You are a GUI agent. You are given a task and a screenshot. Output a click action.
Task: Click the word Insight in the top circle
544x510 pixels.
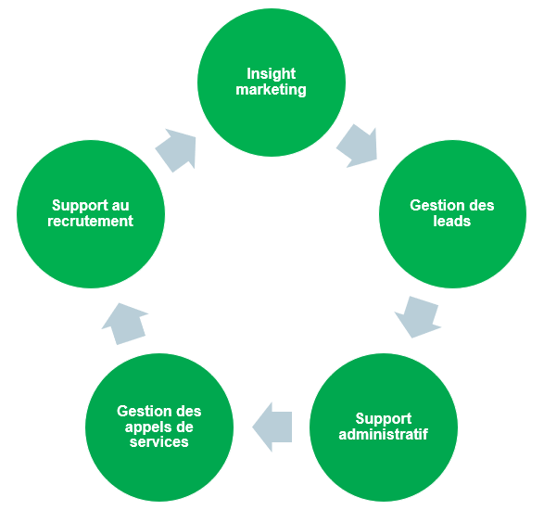click(271, 74)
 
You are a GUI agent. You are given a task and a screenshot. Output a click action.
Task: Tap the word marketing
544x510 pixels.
click(271, 90)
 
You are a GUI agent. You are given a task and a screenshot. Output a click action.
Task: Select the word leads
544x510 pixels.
click(451, 221)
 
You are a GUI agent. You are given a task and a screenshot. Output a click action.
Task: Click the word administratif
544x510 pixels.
click(384, 434)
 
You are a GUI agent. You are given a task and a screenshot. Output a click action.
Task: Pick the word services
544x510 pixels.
click(158, 442)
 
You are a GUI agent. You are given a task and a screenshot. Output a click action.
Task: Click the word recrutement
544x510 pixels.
click(90, 221)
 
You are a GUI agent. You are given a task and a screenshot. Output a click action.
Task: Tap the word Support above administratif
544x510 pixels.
click(384, 419)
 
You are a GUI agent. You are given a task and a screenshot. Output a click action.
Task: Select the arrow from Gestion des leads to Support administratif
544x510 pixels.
click(417, 316)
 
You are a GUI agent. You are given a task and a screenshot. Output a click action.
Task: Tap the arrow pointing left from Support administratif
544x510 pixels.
click(272, 427)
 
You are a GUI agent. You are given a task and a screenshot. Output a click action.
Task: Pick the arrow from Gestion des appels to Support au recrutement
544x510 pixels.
click(125, 324)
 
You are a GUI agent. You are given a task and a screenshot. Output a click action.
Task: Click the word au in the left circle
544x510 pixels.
click(120, 206)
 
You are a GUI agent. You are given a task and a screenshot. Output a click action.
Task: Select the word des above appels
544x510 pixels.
click(187, 411)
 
